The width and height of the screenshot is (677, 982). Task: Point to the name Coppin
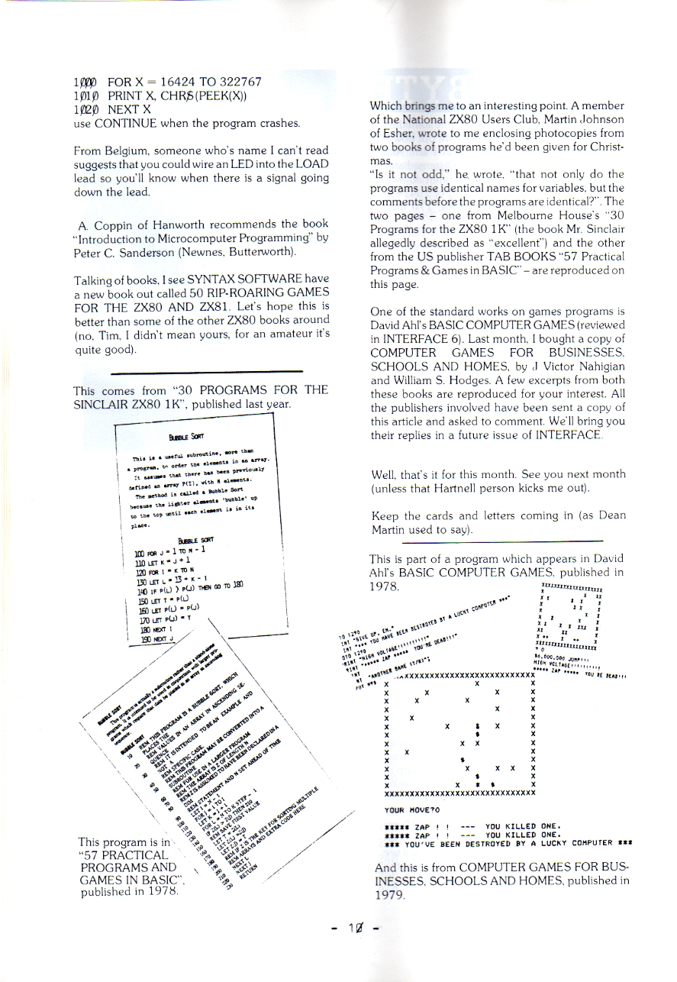click(114, 225)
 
